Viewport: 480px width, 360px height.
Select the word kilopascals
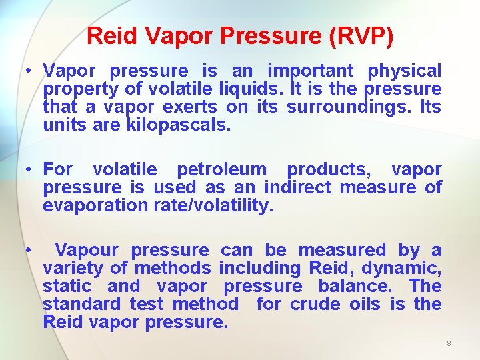[x=178, y=125]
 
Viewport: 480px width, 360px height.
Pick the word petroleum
[x=221, y=170]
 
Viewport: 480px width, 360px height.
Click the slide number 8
[x=449, y=343]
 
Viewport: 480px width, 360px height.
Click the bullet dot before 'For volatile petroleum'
[x=29, y=170]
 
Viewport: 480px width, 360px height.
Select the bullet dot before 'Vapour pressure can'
[x=29, y=251]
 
